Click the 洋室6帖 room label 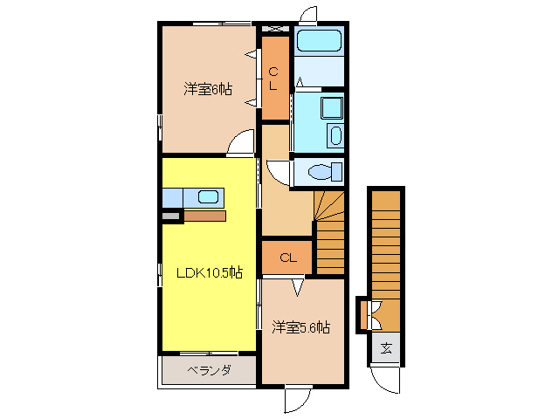pos(208,89)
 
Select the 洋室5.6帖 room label pos(300,327)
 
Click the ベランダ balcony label pos(209,371)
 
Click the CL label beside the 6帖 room pos(274,79)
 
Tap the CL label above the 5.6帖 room pos(286,258)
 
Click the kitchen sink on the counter pos(207,196)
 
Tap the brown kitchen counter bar pos(205,215)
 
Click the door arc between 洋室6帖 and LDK pos(240,145)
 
